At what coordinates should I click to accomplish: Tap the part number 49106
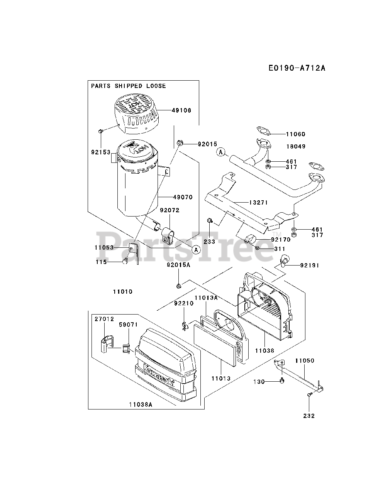(x=182, y=110)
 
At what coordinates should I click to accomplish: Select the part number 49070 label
(x=183, y=197)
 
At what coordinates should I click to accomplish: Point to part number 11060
(x=295, y=134)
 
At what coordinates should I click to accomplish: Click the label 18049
(x=296, y=147)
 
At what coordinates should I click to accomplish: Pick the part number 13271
(x=258, y=203)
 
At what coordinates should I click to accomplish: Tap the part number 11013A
(x=206, y=298)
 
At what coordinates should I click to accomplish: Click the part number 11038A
(x=140, y=404)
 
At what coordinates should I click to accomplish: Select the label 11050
(x=305, y=361)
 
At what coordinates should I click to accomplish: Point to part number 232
(x=309, y=416)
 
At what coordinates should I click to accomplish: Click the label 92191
(x=310, y=266)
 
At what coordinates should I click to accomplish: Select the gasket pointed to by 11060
(x=263, y=131)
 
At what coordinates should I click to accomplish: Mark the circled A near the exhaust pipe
(x=220, y=152)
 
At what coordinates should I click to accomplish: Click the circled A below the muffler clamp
(x=196, y=250)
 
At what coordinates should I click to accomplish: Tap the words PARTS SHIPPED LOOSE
(x=129, y=86)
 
